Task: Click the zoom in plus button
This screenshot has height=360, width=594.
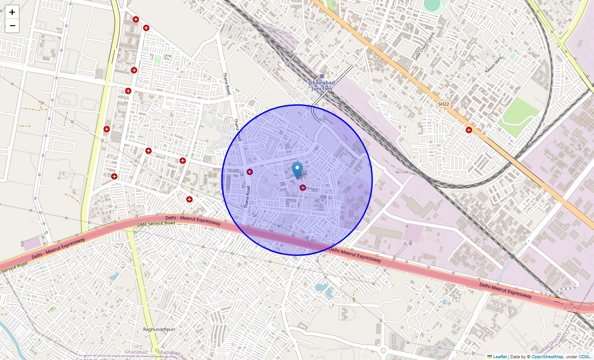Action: pos(12,12)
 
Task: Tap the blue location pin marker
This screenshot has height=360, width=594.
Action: pos(297,171)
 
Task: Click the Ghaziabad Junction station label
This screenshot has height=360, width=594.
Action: pos(322,85)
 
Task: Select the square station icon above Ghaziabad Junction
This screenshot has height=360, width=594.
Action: pos(322,76)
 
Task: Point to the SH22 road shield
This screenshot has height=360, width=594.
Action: pos(443,104)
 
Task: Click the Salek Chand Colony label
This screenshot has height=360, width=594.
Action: pos(424,46)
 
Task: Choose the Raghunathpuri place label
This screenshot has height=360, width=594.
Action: pos(159,329)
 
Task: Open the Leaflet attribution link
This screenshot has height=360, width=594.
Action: pos(499,357)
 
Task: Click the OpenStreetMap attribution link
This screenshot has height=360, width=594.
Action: pos(547,357)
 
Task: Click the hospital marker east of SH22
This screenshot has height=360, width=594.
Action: pos(469,130)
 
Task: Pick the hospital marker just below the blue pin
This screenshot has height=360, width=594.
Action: pos(303,187)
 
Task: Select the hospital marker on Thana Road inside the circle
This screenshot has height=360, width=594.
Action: pos(250,171)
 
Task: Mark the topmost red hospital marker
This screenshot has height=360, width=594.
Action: pos(135,19)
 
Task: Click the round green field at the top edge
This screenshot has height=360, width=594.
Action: pos(432,4)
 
